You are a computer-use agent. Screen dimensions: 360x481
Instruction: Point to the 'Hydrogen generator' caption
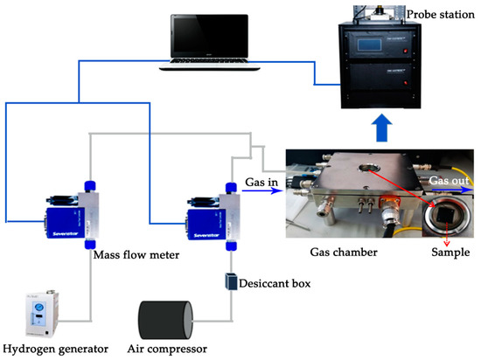[55, 350]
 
